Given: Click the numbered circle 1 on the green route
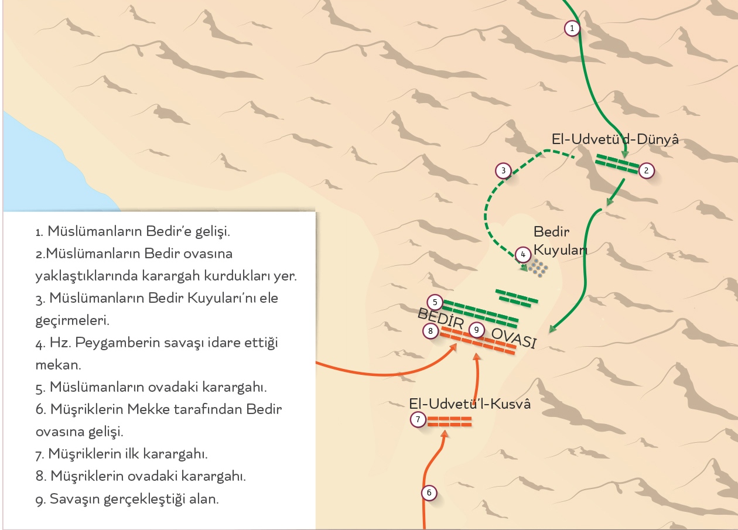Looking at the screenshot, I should [572, 28].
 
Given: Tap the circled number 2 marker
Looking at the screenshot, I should [646, 170].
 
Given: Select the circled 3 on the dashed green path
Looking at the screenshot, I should [503, 171].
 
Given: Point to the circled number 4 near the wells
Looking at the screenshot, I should [523, 255].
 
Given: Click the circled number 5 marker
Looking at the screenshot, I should [435, 302].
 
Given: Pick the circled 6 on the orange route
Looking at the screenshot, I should [429, 493].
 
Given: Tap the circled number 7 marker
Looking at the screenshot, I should [418, 419].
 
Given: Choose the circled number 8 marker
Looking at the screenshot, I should [430, 331].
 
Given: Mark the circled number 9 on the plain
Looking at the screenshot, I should [477, 330].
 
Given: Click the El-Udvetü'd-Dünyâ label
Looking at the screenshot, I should [615, 139].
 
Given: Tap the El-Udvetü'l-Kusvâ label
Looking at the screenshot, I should [470, 404].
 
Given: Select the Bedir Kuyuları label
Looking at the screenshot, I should [560, 241].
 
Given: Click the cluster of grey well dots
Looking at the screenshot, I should [537, 268].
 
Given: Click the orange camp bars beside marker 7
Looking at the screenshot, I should [449, 420].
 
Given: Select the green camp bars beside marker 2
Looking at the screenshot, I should [617, 163].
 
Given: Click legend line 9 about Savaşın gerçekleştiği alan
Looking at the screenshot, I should [127, 500].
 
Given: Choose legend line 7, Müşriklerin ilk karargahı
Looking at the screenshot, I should [122, 453].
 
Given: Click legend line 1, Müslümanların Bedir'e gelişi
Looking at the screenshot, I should [133, 231].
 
